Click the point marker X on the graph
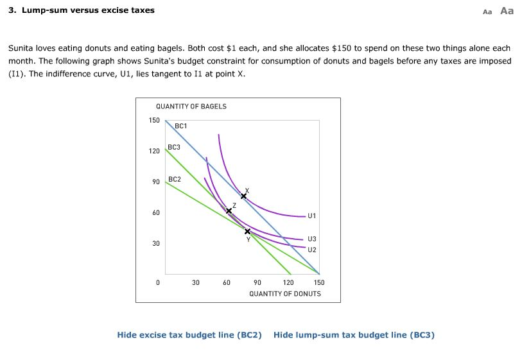[243, 196]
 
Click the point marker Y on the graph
[248, 231]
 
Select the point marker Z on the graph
[229, 210]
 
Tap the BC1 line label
[180, 126]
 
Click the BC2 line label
[174, 179]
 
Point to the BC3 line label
[174, 148]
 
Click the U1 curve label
[312, 216]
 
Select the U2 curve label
[312, 250]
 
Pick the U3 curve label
[312, 238]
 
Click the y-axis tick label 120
[154, 151]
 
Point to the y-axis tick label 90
[155, 182]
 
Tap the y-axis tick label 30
[155, 244]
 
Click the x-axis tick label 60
[227, 282]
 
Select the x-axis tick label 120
[288, 282]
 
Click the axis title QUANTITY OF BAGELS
[191, 107]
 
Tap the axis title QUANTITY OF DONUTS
[285, 293]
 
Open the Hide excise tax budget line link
[189, 335]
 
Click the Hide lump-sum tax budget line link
[354, 335]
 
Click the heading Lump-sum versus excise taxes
[82, 10]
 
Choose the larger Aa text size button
[507, 10]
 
